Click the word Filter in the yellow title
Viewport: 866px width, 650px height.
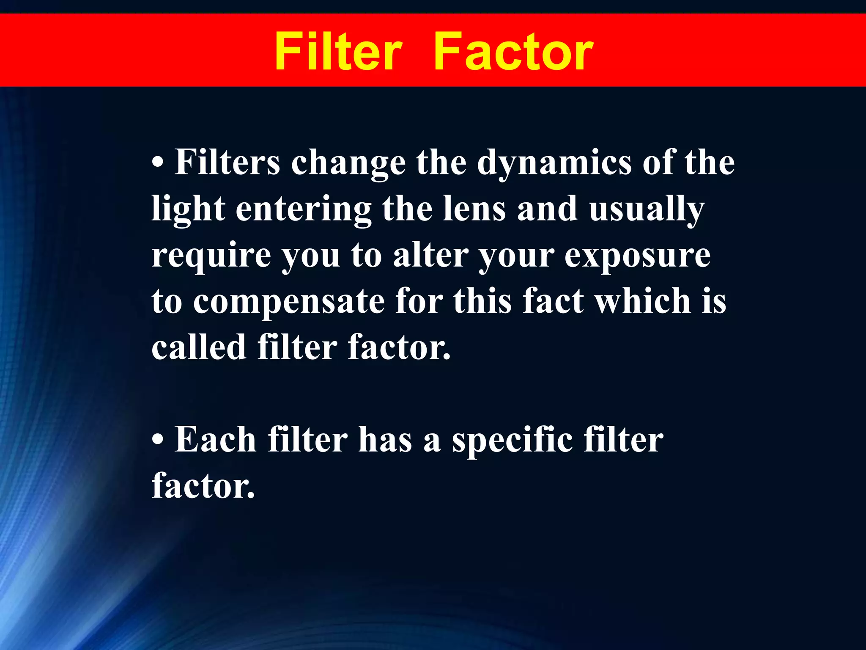coord(338,52)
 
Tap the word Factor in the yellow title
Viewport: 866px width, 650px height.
coord(513,52)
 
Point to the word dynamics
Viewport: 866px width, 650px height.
coord(554,163)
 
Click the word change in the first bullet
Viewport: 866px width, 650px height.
coord(348,163)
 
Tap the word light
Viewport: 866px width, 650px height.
coord(188,209)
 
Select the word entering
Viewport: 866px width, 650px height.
coord(303,210)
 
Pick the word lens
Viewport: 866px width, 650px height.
coord(474,209)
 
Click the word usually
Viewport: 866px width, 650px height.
coord(647,210)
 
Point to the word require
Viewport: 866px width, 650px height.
coord(211,256)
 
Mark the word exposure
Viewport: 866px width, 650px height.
coord(637,256)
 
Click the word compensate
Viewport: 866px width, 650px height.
coord(289,302)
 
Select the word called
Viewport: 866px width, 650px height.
coord(199,347)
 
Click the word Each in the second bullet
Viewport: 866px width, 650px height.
coord(215,440)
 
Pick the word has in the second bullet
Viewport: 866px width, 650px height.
coord(385,440)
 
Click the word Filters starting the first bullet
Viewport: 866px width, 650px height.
coord(227,162)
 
